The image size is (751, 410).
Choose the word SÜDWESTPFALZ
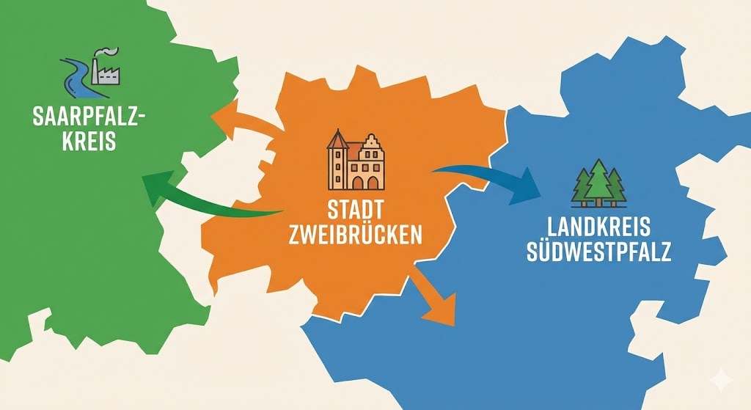pos(598,252)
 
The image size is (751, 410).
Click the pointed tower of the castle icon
pos(337,141)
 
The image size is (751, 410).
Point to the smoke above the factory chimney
pos(108,52)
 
